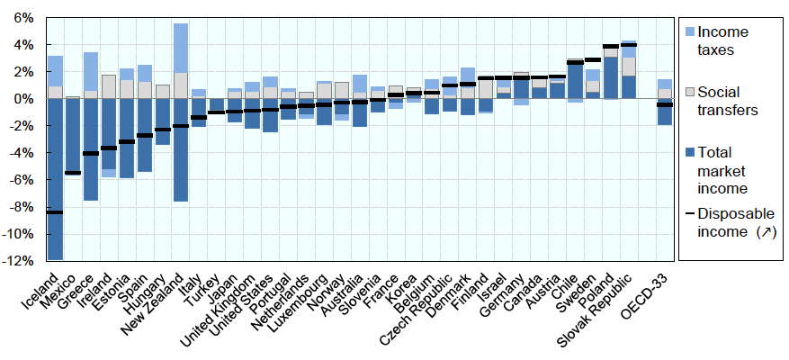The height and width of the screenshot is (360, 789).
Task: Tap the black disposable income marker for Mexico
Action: pos(73,173)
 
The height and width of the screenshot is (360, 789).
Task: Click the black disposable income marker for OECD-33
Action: pos(665,105)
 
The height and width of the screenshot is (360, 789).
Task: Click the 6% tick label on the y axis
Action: pos(22,17)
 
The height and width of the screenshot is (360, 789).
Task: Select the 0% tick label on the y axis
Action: pos(22,98)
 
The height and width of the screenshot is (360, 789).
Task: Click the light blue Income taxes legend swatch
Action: pos(691,32)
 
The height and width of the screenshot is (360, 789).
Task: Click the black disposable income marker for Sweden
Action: pos(593,60)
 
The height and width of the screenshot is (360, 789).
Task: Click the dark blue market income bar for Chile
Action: pos(575,81)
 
